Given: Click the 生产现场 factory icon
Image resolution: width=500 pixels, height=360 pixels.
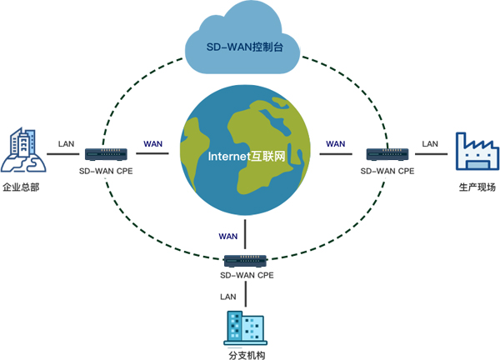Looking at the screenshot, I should (476, 152).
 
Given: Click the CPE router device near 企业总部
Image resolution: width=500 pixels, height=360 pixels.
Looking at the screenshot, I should (106, 154).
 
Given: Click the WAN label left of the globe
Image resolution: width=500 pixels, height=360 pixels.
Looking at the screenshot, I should (153, 143).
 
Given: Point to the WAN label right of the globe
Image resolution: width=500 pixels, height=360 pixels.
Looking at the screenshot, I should (336, 143).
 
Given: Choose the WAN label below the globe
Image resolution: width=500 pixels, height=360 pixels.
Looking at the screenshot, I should (228, 236).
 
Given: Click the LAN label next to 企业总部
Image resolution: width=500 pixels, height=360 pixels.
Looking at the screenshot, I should (67, 143).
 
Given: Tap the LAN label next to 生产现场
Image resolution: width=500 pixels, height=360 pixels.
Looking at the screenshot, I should (430, 143).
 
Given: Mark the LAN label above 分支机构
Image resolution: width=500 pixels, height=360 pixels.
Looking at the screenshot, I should (227, 296).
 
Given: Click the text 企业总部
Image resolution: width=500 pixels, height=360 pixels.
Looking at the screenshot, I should (22, 187).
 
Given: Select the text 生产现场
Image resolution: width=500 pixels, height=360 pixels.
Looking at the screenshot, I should (477, 187).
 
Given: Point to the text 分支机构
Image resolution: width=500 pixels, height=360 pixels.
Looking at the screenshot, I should (245, 354).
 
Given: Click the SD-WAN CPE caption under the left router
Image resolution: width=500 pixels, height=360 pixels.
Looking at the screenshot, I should (106, 171).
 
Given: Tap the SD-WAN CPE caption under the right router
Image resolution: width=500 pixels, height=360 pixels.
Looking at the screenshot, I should (387, 171).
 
